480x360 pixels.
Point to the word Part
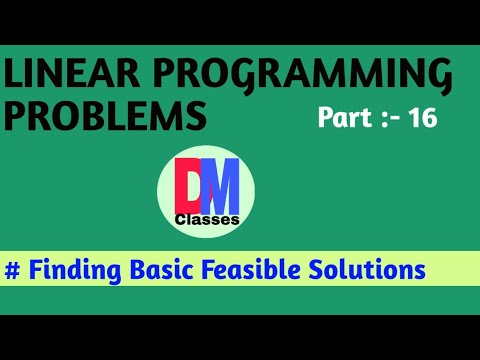(x=344, y=118)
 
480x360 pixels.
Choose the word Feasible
(x=257, y=270)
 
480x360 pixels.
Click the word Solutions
(x=371, y=270)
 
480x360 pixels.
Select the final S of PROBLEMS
(x=195, y=116)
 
